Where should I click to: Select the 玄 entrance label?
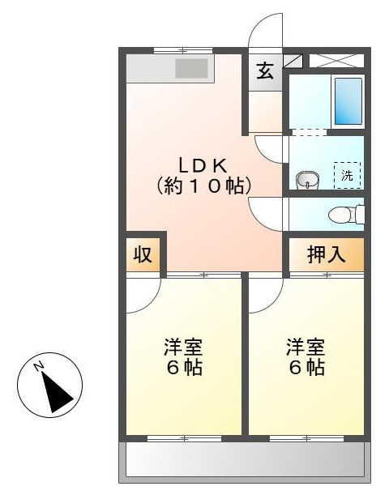point(265,70)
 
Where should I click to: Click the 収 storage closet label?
point(143,254)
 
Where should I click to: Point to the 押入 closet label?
point(327,254)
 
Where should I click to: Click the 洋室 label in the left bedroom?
point(183,348)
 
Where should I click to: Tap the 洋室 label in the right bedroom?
point(306,348)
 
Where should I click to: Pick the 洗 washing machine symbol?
point(347,175)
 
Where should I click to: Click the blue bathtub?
point(348,100)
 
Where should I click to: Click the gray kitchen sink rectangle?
point(192,69)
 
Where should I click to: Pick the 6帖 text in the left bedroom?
point(183,367)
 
